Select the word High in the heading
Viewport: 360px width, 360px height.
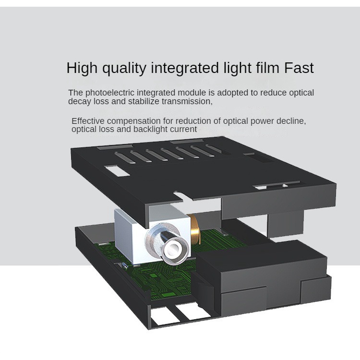pos(82,68)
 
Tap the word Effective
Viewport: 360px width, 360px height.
pos(88,121)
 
